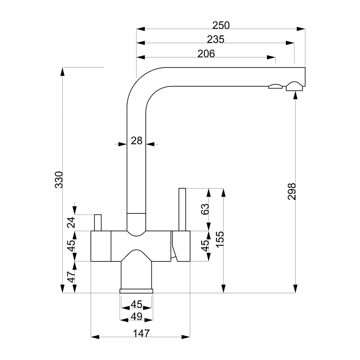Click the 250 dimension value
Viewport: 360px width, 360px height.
221,25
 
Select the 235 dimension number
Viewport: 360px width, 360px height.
216,40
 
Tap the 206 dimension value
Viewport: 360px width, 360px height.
206,54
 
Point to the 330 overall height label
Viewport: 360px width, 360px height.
59,180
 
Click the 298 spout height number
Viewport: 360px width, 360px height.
292,192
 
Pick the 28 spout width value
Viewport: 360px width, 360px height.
136,141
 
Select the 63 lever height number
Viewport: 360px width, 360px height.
205,209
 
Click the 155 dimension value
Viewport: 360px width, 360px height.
220,239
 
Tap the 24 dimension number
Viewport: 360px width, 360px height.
71,222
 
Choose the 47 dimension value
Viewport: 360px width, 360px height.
71,277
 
